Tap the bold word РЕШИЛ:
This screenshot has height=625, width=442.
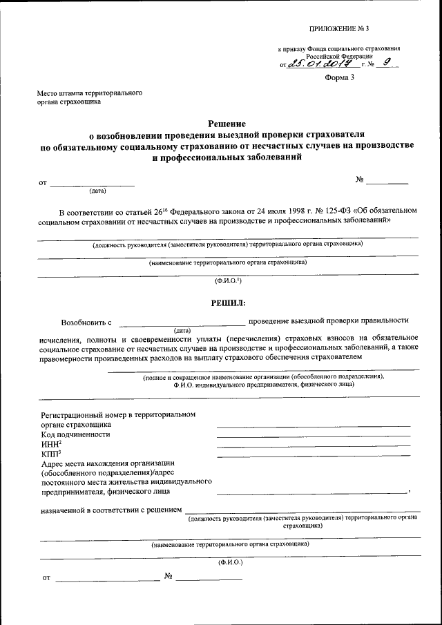pos(228,301)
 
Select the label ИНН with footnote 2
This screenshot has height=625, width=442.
pos(52,445)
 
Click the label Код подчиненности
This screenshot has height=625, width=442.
pos(76,435)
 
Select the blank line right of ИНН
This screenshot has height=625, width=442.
pos(313,446)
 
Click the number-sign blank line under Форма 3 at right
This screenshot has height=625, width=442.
pos(387,183)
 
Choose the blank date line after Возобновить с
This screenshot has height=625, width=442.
pos(182,324)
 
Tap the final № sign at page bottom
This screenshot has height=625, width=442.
pos(168,576)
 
